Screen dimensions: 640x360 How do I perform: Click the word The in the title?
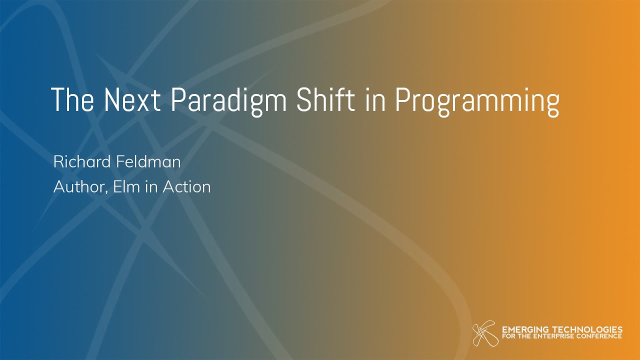coord(72,99)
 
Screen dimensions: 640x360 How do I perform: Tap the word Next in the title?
coord(131,99)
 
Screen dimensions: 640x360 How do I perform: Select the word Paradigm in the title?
coord(228,102)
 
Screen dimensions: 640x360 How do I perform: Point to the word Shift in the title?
coord(325,99)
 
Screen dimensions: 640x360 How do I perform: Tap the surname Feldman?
coord(148,161)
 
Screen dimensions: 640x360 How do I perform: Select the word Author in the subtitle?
coord(79,186)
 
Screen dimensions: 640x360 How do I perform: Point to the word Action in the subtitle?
coord(187,186)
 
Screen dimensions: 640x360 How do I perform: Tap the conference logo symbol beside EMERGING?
coord(485,333)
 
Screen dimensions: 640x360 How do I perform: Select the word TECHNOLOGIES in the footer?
coord(587,329)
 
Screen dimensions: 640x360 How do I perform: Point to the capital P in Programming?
coord(402,99)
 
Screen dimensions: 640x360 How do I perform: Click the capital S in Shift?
coord(304,99)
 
